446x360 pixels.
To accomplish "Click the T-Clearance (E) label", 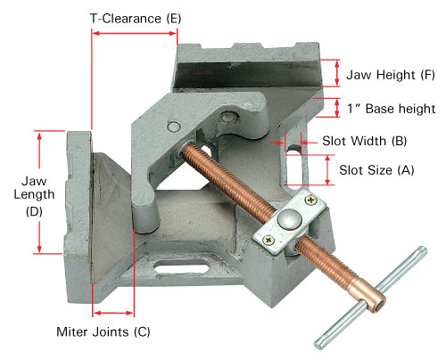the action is tap(136, 19).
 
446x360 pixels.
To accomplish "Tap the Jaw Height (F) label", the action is tap(391, 75).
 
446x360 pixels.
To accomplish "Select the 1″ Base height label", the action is tap(392, 109).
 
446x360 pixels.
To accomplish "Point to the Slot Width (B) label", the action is tap(365, 141).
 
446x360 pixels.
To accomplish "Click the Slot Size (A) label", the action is tap(376, 170).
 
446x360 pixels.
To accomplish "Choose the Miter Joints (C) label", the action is tap(103, 331).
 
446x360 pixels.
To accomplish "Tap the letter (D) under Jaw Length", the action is tap(34, 212).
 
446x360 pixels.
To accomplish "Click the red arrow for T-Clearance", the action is tap(135, 33).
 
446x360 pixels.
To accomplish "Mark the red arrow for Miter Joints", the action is tap(113, 313).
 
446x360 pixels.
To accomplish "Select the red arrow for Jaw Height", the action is tap(337, 73).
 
